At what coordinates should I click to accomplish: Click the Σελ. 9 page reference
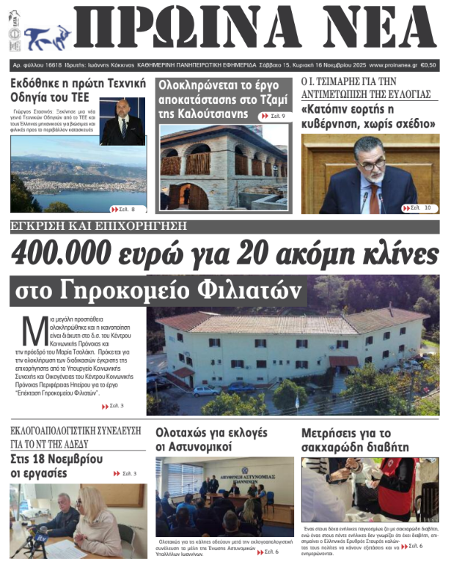tap(272, 116)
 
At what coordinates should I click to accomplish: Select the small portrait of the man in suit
tap(122, 121)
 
